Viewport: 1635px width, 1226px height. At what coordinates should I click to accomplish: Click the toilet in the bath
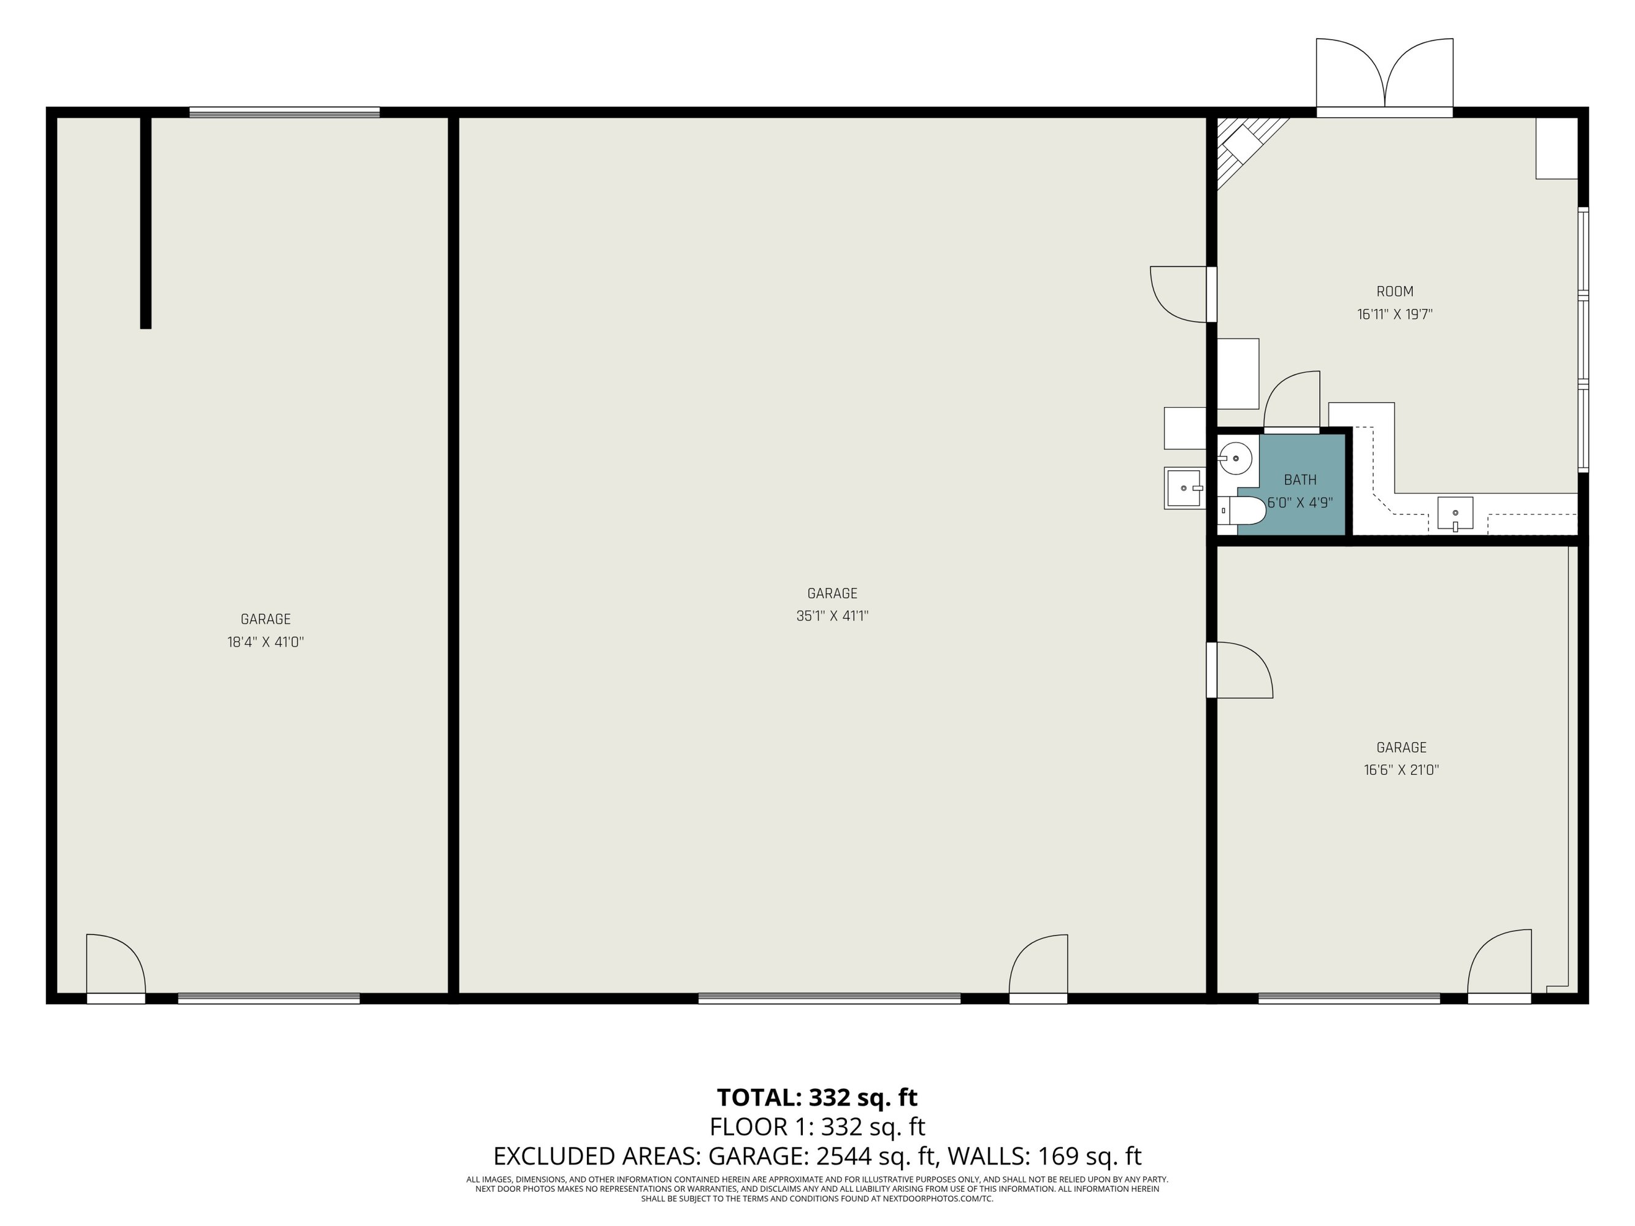tap(1242, 510)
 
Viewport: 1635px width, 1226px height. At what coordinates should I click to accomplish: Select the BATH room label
tap(1300, 479)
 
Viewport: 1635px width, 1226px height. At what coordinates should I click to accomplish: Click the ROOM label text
tap(1395, 291)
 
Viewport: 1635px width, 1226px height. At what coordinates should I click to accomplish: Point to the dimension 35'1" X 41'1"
tap(832, 615)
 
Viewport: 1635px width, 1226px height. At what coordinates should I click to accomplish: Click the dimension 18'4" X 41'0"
tap(266, 641)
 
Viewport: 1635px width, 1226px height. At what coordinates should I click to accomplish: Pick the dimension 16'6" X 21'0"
tap(1401, 769)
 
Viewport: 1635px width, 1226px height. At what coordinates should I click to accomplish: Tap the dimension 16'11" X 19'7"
tap(1395, 314)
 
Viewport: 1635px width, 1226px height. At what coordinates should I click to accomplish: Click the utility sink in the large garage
tap(1185, 488)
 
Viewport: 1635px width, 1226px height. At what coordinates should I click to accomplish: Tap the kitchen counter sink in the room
tap(1455, 513)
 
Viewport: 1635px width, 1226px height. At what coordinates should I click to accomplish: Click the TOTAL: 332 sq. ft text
tap(817, 1097)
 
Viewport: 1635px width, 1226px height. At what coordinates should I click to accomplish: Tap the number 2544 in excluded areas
tap(842, 1155)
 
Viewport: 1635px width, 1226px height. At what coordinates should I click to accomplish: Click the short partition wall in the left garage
tap(145, 222)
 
